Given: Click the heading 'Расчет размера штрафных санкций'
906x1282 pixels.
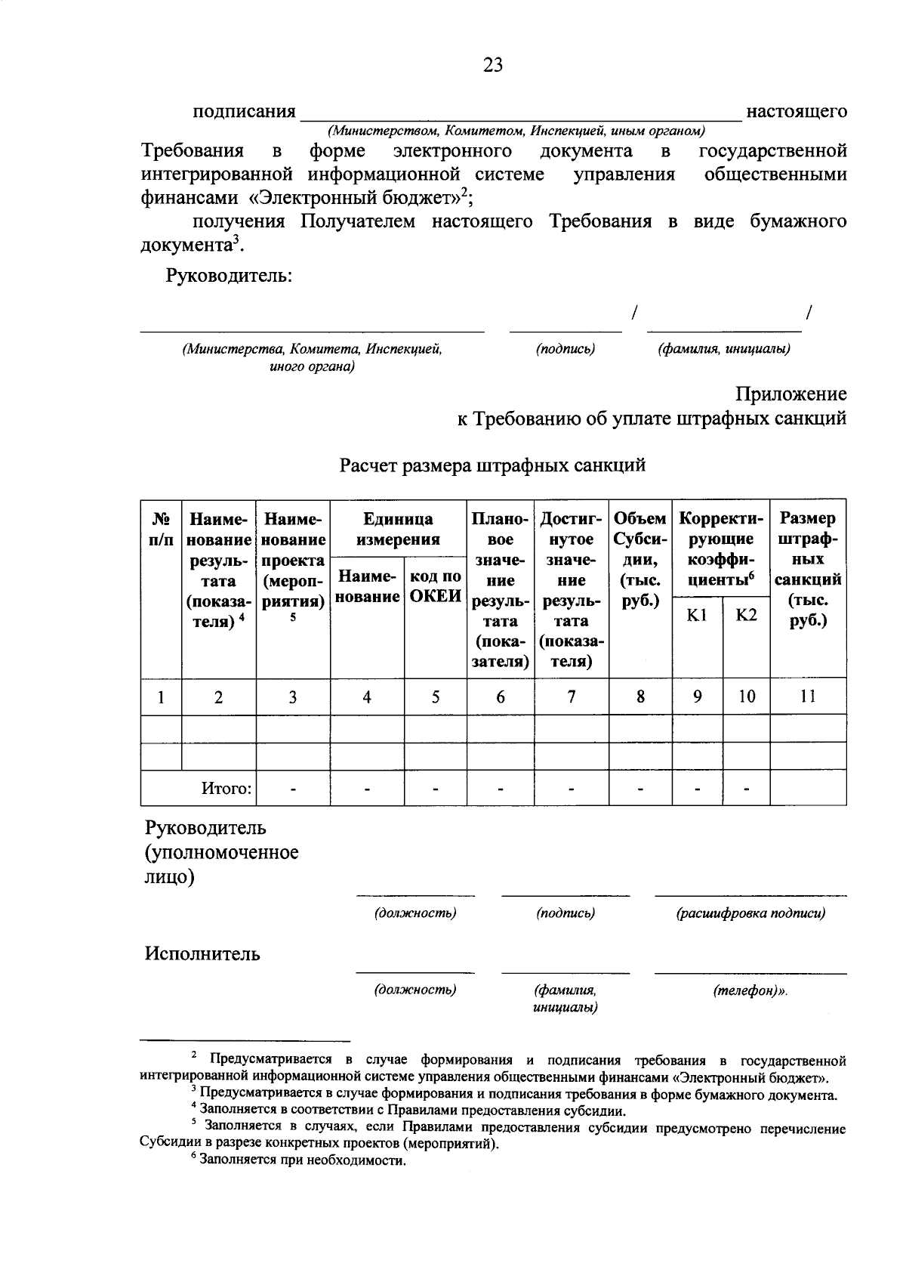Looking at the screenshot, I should click(492, 465).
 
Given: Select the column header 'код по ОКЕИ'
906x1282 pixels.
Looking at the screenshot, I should click(436, 586).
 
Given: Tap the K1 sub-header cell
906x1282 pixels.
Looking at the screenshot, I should click(697, 615).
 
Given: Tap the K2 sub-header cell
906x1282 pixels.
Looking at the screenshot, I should click(746, 615).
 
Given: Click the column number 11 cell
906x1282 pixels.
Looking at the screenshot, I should click(807, 697).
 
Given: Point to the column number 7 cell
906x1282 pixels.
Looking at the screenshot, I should click(572, 697).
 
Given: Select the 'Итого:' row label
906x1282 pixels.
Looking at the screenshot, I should click(226, 789).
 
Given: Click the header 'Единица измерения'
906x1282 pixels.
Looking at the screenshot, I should click(398, 529).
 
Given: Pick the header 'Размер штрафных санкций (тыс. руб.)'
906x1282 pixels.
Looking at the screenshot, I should click(807, 570).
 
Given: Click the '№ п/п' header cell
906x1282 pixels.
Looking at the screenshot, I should click(162, 529).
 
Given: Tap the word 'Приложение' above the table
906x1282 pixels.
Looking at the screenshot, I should click(791, 394).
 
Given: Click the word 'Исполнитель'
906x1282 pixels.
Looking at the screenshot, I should click(202, 954).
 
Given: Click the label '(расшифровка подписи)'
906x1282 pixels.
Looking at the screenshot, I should click(750, 913).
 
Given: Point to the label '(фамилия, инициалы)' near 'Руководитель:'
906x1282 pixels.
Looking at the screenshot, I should click(724, 349).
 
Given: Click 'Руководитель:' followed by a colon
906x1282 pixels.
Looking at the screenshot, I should click(229, 276).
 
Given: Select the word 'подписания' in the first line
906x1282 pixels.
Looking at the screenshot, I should click(243, 112).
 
